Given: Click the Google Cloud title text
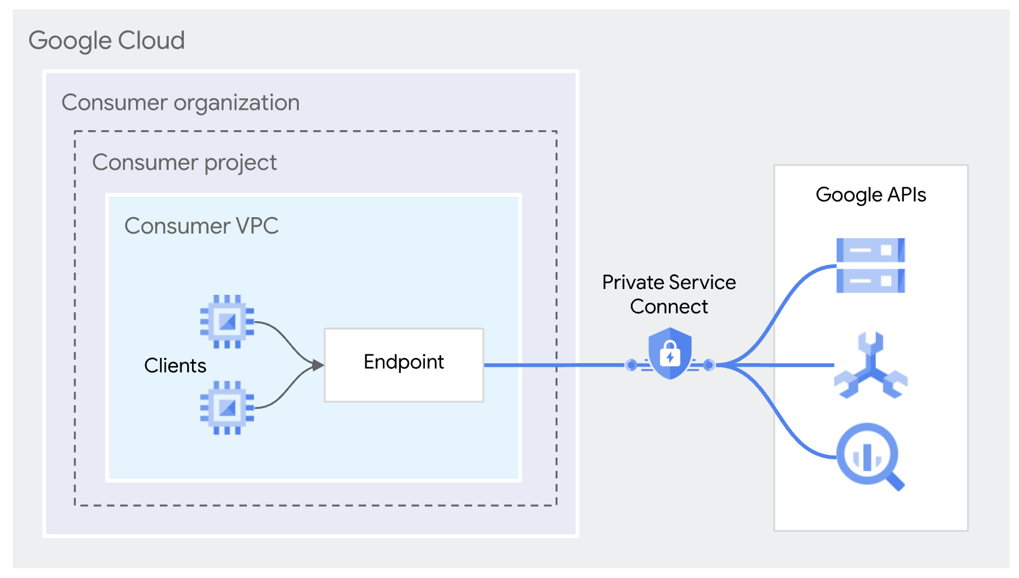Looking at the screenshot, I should click(106, 41).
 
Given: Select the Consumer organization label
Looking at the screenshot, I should click(180, 103).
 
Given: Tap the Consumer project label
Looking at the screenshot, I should click(184, 162).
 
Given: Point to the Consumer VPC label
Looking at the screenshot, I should click(201, 226).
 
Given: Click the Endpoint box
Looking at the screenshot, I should click(404, 365).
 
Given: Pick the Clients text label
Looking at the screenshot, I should click(175, 365).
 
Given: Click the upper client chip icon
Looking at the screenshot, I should click(227, 322).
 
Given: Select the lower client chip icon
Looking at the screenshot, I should click(227, 408).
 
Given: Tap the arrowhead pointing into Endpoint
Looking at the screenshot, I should click(317, 365).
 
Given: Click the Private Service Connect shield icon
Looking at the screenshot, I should click(670, 353).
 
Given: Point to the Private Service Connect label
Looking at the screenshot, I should click(669, 294).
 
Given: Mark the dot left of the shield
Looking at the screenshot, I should click(631, 365).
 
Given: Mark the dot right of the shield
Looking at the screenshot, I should click(709, 365).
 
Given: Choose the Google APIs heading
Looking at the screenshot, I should click(871, 194).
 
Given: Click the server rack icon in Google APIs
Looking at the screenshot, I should click(870, 265).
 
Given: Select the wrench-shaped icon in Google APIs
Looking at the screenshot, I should click(871, 366).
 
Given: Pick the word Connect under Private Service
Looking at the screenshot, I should click(669, 307).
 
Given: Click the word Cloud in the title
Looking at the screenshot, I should click(151, 41).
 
